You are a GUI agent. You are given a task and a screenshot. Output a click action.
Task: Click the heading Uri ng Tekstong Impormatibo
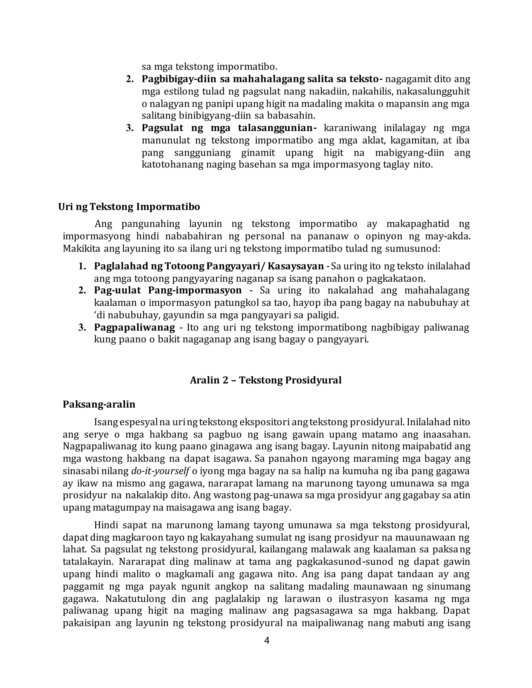click(129, 207)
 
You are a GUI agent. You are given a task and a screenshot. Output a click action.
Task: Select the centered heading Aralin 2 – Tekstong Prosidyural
click(266, 380)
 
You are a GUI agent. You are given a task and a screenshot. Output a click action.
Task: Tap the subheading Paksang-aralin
click(99, 404)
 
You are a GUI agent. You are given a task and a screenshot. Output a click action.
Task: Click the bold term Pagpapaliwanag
click(134, 328)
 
